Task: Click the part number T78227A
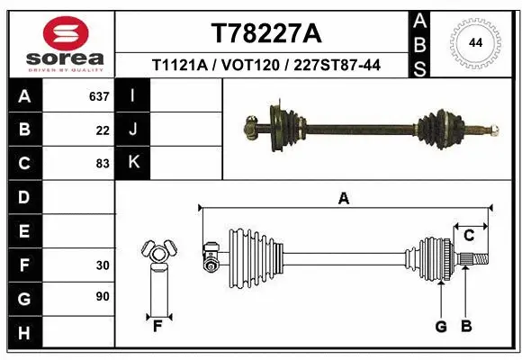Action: (265, 33)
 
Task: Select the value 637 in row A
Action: (99, 96)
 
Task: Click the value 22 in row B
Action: (102, 130)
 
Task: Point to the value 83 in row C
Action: (102, 164)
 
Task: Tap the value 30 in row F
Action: (102, 265)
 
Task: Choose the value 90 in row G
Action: (102, 295)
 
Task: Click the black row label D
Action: (24, 196)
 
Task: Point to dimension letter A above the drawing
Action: (343, 199)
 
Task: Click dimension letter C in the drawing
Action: (469, 236)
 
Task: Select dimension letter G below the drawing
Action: (441, 327)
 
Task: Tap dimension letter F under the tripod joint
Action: (157, 326)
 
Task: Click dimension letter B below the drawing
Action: (465, 327)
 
